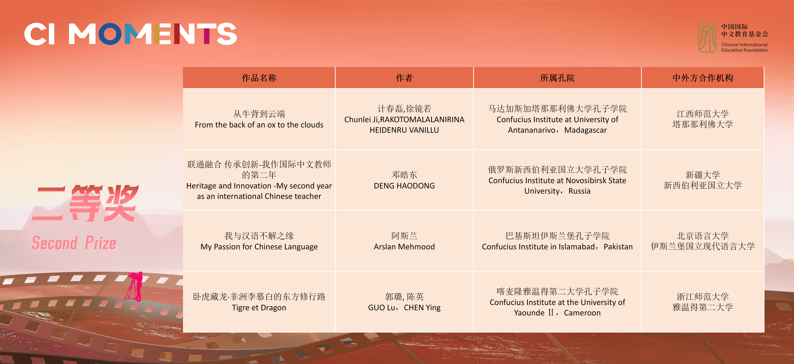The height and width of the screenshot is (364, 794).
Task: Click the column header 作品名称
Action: pyautogui.click(x=259, y=78)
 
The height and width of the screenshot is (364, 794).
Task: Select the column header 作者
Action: pyautogui.click(x=404, y=78)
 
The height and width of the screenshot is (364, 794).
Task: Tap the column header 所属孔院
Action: pyautogui.click(x=557, y=78)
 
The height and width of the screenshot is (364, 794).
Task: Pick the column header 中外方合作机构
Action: pyautogui.click(x=703, y=78)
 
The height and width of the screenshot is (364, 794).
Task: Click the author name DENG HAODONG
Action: pyautogui.click(x=404, y=186)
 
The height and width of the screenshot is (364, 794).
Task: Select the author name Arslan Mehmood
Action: pyautogui.click(x=404, y=246)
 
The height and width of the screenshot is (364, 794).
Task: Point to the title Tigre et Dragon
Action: pyautogui.click(x=259, y=308)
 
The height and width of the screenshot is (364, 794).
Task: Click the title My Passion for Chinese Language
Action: pyautogui.click(x=259, y=246)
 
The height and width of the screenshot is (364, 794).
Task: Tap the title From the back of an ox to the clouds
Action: pyautogui.click(x=259, y=125)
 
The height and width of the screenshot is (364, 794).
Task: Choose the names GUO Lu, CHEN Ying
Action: pyautogui.click(x=404, y=308)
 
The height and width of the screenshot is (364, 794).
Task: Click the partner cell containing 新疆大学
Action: pyautogui.click(x=703, y=180)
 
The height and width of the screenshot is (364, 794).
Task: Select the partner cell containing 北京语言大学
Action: pyautogui.click(x=703, y=241)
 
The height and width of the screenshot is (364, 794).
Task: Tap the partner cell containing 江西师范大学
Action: pyautogui.click(x=703, y=119)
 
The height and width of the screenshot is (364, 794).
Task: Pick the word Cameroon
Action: pyautogui.click(x=582, y=313)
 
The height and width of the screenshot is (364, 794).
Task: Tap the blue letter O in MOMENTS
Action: pyautogui.click(x=110, y=34)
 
